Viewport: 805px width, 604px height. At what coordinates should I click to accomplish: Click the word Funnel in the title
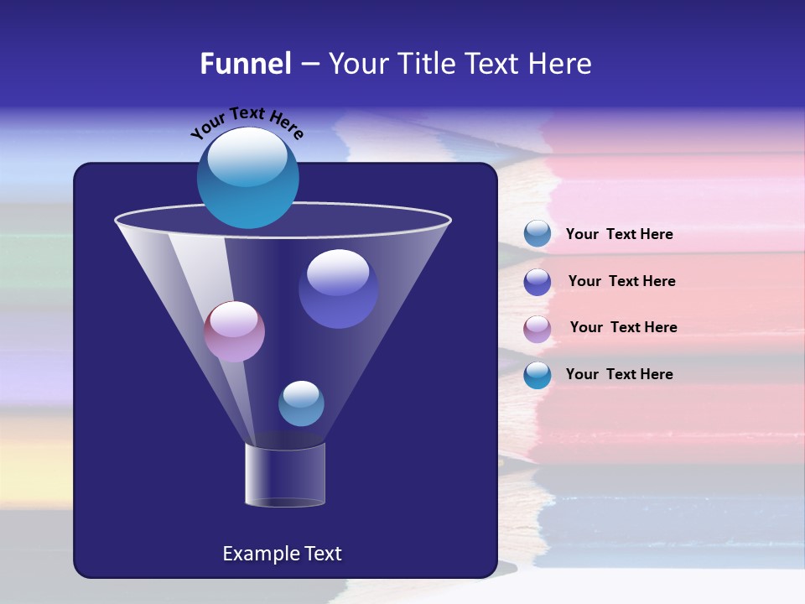click(246, 64)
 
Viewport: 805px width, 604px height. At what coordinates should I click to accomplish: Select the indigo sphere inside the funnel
click(338, 289)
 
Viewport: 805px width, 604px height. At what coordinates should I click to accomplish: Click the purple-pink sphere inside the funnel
click(234, 331)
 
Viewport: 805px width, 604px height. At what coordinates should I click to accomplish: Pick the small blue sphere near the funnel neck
click(301, 404)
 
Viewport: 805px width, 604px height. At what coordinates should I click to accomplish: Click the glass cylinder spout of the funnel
click(285, 475)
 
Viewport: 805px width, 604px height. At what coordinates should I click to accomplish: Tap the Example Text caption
click(282, 554)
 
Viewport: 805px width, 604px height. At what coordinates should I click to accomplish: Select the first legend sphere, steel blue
click(537, 234)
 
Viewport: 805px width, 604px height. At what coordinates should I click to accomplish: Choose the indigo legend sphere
click(537, 282)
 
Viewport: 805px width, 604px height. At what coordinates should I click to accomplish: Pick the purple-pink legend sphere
click(537, 328)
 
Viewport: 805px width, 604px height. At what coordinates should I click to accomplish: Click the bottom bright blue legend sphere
click(537, 375)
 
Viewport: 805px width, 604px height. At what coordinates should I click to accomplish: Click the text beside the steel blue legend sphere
click(619, 235)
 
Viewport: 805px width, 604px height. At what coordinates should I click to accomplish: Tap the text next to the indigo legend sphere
click(621, 281)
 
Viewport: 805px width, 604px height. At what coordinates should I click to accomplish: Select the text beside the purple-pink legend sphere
click(623, 327)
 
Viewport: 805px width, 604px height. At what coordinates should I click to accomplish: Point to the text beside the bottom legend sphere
click(619, 374)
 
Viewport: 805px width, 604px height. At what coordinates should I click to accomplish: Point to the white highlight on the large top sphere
click(247, 157)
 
